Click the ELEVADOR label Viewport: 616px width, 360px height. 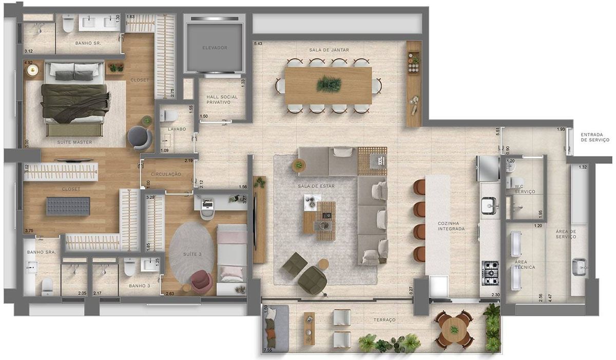click(x=215, y=48)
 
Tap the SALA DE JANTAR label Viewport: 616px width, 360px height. click(x=329, y=50)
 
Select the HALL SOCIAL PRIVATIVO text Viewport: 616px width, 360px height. click(x=222, y=100)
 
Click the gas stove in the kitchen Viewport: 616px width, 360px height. click(x=490, y=273)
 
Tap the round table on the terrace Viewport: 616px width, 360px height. click(x=454, y=330)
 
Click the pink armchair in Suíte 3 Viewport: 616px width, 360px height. click(x=201, y=281)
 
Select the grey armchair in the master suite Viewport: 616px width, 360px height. click(x=140, y=138)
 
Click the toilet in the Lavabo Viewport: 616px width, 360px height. click(x=169, y=116)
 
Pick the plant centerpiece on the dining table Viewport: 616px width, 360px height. click(x=329, y=84)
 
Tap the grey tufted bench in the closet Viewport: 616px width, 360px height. click(x=68, y=206)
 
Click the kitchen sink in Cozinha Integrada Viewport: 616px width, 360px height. click(x=490, y=205)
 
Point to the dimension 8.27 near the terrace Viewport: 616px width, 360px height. click(x=411, y=291)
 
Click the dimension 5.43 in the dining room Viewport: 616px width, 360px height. click(x=258, y=44)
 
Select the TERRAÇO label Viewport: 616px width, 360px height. click(x=384, y=320)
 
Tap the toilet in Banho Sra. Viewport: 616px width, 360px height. click(x=47, y=287)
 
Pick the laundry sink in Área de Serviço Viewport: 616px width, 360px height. click(x=580, y=267)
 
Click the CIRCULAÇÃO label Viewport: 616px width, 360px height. click(x=166, y=174)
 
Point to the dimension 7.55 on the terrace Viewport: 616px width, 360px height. click(x=267, y=350)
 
